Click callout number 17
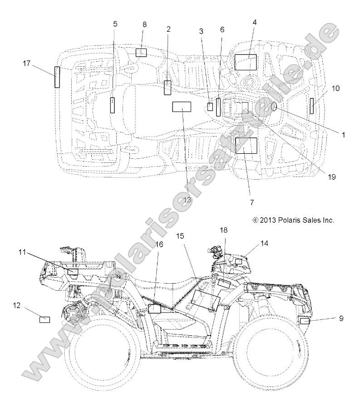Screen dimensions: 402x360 pyautogui.click(x=27, y=64)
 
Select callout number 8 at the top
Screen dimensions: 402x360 pyautogui.click(x=144, y=24)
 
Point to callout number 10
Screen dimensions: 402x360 pyautogui.click(x=335, y=88)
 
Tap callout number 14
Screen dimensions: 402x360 pyautogui.click(x=264, y=244)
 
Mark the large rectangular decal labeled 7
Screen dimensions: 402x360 pyautogui.click(x=246, y=146)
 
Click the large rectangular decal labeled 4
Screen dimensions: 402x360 pyautogui.click(x=246, y=62)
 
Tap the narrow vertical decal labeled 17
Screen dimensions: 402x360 pyautogui.click(x=57, y=77)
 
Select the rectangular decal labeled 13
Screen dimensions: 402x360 pyautogui.click(x=181, y=107)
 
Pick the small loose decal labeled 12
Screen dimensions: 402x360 pyautogui.click(x=45, y=319)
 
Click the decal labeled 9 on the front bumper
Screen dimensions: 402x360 pyautogui.click(x=305, y=321)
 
